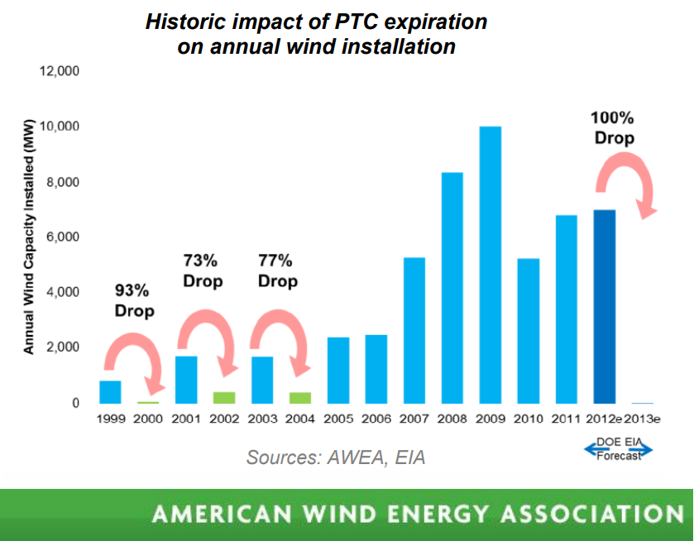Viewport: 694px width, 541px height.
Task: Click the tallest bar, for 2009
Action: point(491,265)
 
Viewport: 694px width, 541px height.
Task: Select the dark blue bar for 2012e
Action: point(604,306)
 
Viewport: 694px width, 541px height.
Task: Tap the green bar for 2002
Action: point(224,398)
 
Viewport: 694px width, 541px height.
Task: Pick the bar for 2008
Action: point(452,288)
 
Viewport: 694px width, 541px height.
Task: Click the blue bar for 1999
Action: point(110,392)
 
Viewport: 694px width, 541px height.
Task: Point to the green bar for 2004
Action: point(300,398)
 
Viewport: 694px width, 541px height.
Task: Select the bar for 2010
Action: point(529,331)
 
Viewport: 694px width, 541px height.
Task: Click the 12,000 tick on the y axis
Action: point(60,71)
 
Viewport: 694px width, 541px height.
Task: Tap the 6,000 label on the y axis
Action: point(63,237)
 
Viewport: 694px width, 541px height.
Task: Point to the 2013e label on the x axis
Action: point(642,419)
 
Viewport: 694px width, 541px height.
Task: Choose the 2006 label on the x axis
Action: point(376,419)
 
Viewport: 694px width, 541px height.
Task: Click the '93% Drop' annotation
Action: point(134,300)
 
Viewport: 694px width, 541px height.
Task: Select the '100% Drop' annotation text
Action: point(614,127)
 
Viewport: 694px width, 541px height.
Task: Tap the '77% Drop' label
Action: point(277,270)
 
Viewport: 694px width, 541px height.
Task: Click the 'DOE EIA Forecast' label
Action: point(619,449)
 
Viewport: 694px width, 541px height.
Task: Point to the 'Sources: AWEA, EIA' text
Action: point(336,457)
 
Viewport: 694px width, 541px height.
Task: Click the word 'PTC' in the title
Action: point(356,22)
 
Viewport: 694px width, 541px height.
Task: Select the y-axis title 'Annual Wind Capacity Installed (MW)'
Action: point(28,237)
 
